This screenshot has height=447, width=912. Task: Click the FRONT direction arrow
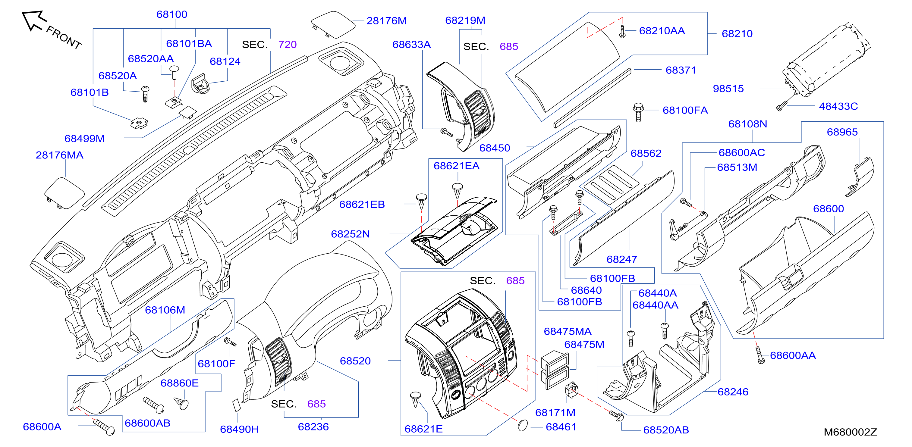[34, 20]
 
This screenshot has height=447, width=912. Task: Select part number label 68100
[172, 14]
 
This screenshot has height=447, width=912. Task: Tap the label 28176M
[386, 20]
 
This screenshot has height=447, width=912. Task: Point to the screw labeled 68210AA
[622, 31]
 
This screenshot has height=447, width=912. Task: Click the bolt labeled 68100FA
[638, 112]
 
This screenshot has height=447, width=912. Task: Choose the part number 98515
[728, 89]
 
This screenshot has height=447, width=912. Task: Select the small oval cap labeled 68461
[523, 425]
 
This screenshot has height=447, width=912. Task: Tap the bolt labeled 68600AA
[760, 355]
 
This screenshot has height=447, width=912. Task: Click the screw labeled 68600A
[104, 427]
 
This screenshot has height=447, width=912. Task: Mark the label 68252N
[350, 234]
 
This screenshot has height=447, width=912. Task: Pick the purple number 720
[287, 45]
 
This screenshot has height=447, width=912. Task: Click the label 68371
[681, 70]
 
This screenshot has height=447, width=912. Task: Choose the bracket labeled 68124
[200, 84]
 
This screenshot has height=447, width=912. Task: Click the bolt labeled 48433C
[782, 105]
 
